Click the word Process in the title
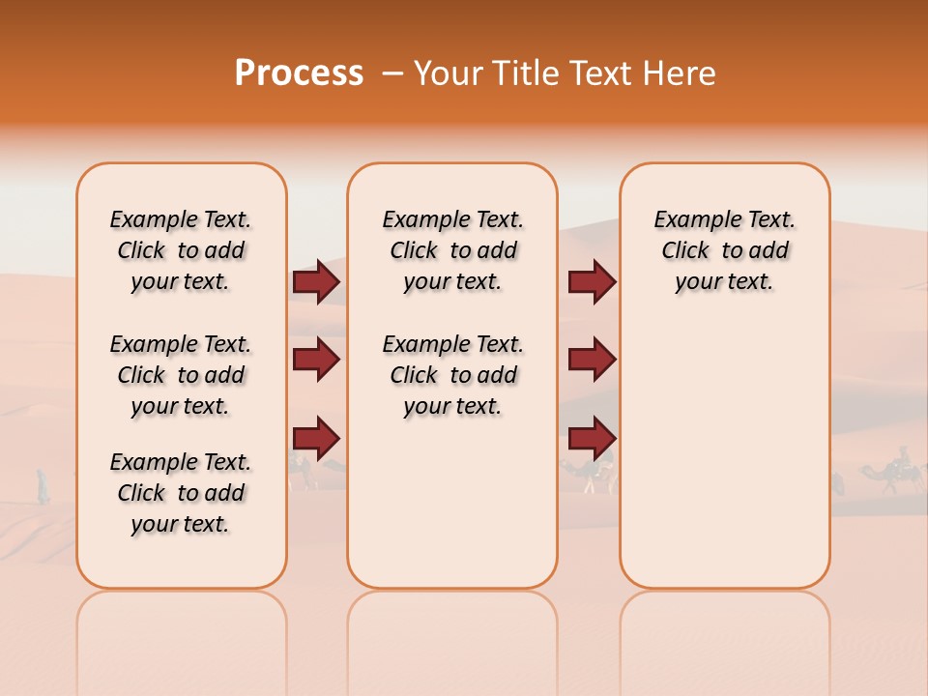[299, 72]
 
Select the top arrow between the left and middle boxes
[316, 282]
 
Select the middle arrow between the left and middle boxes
[316, 360]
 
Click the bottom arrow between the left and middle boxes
[316, 438]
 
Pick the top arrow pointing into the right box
[592, 282]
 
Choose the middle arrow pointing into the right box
[592, 360]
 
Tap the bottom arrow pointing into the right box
[592, 438]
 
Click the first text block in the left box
[181, 250]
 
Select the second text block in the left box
[181, 375]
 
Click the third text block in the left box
[181, 493]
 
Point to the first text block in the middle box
[452, 250]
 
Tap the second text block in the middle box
[452, 375]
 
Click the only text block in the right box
[724, 250]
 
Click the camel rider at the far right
[903, 464]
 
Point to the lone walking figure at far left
[43, 486]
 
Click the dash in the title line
[391, 74]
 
